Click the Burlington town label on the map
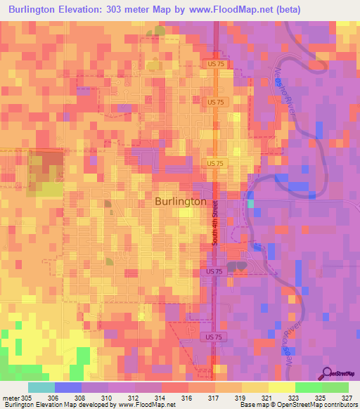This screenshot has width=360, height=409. pos(180,201)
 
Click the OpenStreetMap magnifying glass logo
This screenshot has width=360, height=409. pos(328,372)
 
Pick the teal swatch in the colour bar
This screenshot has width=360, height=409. pos(41,387)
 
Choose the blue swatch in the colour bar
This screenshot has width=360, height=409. pos(67,387)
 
